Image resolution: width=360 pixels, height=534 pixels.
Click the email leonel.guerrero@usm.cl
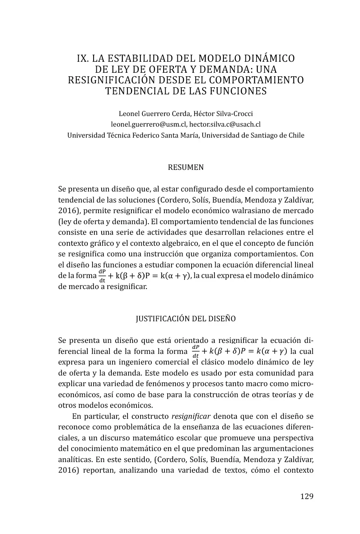(x=148, y=124)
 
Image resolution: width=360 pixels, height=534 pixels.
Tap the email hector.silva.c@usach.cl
(x=225, y=124)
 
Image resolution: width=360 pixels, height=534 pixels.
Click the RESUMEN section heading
(x=186, y=168)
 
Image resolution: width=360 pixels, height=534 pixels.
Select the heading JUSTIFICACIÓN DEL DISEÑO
(x=186, y=319)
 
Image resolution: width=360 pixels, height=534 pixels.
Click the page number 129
(x=306, y=496)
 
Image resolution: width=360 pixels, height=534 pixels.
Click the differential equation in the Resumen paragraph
(x=144, y=276)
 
